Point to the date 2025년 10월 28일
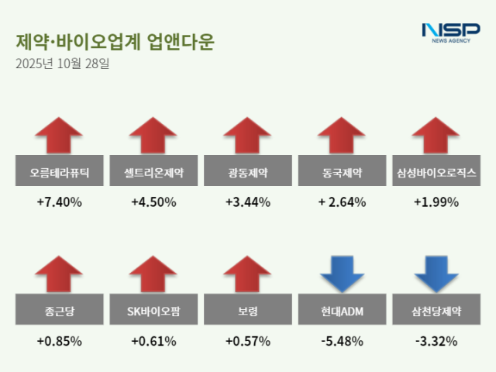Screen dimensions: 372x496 [63, 64]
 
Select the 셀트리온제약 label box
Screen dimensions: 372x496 [153, 172]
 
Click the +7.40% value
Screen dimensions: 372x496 [60, 202]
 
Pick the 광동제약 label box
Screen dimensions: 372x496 [247, 172]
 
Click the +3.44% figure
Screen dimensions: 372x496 [247, 202]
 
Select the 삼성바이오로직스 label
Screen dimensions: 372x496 [436, 172]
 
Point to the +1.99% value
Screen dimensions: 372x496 [436, 202]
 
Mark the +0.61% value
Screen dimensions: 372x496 [153, 341]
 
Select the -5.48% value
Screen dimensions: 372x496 [341, 341]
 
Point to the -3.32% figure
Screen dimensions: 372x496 [436, 341]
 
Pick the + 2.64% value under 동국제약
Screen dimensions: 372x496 [341, 202]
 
